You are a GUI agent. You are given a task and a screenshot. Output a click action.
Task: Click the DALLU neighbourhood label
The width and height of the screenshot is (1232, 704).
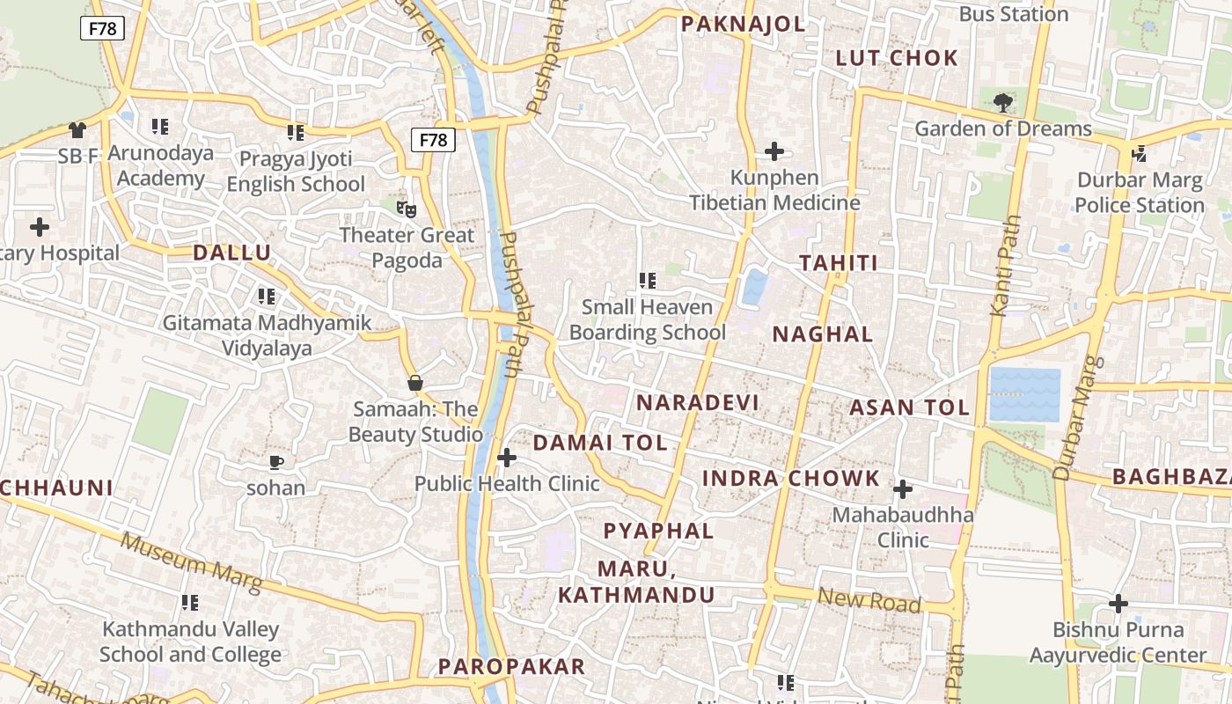pyautogui.click(x=232, y=253)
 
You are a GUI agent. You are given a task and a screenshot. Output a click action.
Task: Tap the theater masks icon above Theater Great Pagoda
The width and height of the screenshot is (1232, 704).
pyautogui.click(x=406, y=209)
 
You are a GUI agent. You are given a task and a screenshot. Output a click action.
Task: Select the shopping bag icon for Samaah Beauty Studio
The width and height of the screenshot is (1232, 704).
pyautogui.click(x=415, y=383)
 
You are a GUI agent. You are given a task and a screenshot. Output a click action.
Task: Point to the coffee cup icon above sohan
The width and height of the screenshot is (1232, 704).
pyautogui.click(x=276, y=462)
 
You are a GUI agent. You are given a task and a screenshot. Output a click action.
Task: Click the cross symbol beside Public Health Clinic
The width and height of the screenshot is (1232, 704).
pyautogui.click(x=507, y=458)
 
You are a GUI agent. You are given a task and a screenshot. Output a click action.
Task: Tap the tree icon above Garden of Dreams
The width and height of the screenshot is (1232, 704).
pyautogui.click(x=1002, y=103)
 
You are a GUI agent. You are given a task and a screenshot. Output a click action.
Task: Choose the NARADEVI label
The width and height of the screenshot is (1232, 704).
pyautogui.click(x=697, y=403)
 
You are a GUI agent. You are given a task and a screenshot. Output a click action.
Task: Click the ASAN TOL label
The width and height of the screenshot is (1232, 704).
pyautogui.click(x=909, y=407)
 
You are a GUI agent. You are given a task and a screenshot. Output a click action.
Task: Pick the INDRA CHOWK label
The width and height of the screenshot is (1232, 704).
pyautogui.click(x=790, y=479)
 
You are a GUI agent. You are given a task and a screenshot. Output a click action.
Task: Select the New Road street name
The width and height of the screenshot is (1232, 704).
pyautogui.click(x=869, y=600)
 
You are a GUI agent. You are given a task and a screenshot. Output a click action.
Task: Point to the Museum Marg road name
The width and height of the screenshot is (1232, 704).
pyautogui.click(x=192, y=562)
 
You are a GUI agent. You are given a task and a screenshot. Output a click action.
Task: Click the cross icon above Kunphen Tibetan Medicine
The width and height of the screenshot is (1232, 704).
pyautogui.click(x=774, y=151)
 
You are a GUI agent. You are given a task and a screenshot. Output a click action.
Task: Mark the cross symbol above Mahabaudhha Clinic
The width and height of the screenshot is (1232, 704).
pyautogui.click(x=903, y=489)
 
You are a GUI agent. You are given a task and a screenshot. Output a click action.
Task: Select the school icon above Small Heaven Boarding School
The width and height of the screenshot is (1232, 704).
pyautogui.click(x=648, y=281)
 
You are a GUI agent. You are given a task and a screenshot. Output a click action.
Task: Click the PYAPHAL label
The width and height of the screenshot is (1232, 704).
pyautogui.click(x=658, y=531)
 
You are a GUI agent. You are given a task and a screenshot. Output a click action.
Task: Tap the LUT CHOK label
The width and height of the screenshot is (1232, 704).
pyautogui.click(x=897, y=59)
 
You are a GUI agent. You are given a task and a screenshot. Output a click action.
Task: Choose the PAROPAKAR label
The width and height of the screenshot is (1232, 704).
pyautogui.click(x=511, y=666)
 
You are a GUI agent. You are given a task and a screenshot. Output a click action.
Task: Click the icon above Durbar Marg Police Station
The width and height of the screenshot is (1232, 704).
pyautogui.click(x=1140, y=154)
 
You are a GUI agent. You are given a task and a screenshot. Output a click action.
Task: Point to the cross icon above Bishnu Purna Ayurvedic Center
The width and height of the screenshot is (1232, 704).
pyautogui.click(x=1118, y=604)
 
